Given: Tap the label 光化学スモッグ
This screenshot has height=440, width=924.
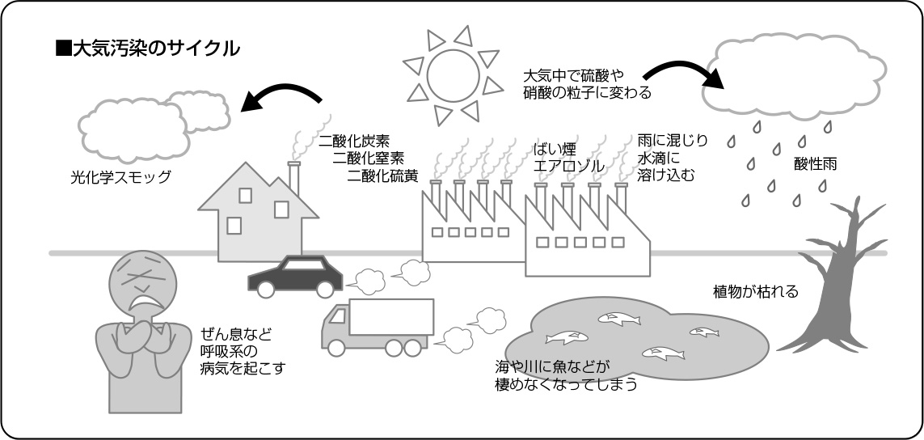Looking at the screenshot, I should click(x=120, y=177).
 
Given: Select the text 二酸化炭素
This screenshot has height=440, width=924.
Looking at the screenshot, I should click(x=353, y=140).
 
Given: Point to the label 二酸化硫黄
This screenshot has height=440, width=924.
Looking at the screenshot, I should click(x=381, y=173).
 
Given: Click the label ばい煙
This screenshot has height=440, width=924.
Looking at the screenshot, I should click(x=554, y=149).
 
